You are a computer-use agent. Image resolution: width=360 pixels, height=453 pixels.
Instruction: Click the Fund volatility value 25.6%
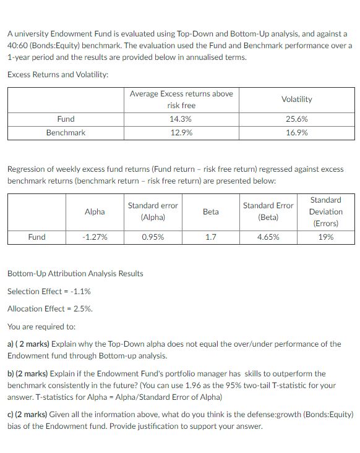click(x=297, y=119)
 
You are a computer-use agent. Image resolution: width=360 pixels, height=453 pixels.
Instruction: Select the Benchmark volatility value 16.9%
click(x=297, y=132)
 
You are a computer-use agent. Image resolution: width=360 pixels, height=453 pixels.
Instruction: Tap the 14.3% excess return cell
click(x=181, y=119)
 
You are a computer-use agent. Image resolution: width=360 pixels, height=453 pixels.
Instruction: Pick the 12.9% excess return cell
click(x=181, y=132)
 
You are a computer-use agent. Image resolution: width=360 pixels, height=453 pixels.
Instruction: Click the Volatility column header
click(x=297, y=99)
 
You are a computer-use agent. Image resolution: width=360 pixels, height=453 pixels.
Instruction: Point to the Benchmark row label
click(x=66, y=132)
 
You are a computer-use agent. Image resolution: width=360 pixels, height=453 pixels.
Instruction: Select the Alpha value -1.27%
click(x=95, y=237)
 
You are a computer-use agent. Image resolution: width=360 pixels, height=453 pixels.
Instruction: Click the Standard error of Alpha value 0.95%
click(x=153, y=237)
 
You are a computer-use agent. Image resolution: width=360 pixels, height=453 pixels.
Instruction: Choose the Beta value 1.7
click(x=210, y=237)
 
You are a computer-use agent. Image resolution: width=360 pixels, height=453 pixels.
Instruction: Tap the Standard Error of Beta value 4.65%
click(x=268, y=237)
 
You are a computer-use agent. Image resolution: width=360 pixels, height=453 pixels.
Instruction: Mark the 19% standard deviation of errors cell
click(x=325, y=237)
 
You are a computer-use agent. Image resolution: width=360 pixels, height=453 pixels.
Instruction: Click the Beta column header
click(x=210, y=211)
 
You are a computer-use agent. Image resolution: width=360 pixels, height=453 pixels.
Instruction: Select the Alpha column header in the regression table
click(x=95, y=211)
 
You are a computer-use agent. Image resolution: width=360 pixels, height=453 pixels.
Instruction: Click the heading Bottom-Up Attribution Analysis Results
click(x=75, y=273)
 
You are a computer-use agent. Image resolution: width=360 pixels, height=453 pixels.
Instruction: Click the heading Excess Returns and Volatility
click(x=58, y=74)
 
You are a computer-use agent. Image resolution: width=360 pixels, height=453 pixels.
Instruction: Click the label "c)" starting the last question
click(x=11, y=414)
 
